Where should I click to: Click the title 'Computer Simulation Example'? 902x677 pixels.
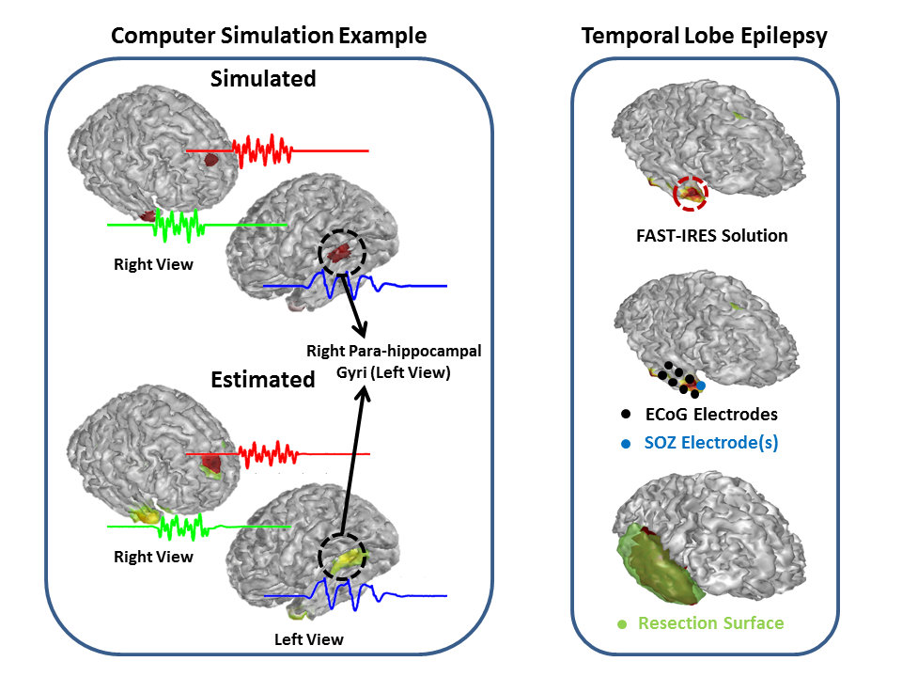[269, 37]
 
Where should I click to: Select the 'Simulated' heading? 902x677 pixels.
[262, 79]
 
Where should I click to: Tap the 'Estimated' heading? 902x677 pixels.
[262, 380]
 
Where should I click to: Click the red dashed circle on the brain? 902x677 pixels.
[691, 192]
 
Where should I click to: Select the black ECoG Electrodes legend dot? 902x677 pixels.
[625, 414]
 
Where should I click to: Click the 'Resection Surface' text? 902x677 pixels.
[710, 623]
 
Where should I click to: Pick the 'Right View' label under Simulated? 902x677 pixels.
[153, 264]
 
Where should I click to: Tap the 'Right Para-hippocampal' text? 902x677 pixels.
[394, 351]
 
